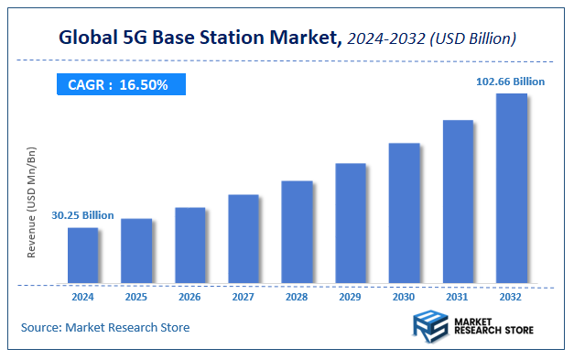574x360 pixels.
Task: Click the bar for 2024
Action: point(82,255)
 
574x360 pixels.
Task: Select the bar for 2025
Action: point(136,250)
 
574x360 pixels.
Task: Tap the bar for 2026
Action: point(190,245)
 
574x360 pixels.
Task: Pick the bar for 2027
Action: point(244,238)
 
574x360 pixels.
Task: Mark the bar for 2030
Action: point(404,213)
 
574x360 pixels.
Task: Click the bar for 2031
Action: point(458,201)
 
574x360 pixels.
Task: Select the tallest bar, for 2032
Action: point(511,188)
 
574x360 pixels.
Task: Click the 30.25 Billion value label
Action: point(82,215)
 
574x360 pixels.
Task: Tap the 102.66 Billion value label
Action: point(510,82)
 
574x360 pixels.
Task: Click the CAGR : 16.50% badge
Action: point(118,85)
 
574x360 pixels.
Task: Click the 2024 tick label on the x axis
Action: point(82,297)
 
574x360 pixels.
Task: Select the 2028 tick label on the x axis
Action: point(297,297)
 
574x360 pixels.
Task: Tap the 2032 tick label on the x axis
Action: point(511,297)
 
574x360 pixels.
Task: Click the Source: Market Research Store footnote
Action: point(105,327)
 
